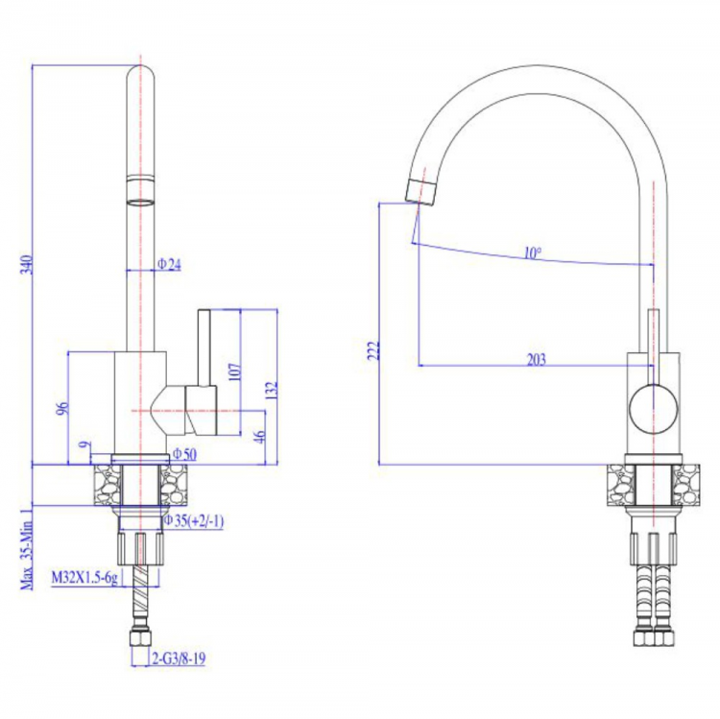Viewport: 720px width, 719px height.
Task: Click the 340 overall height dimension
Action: tap(28, 265)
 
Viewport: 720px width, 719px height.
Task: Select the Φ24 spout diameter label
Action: tap(169, 264)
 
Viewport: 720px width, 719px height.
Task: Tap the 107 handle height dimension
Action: tap(234, 371)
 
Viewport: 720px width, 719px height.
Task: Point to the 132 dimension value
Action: tap(272, 390)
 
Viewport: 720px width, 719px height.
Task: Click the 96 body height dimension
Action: tap(62, 408)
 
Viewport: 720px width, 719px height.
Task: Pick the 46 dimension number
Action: tap(259, 436)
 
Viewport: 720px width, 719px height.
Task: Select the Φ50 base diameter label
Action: tap(184, 454)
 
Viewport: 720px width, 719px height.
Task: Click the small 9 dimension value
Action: tap(84, 444)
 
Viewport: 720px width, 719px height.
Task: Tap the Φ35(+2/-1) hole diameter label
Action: tap(194, 520)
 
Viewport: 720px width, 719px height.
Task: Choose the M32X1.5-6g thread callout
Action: tap(84, 577)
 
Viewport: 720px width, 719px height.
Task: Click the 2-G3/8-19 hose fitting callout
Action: tap(179, 659)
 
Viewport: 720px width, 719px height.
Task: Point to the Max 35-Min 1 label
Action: tap(27, 549)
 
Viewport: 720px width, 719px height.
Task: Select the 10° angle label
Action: tap(533, 252)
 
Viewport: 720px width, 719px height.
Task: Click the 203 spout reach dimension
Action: tap(537, 359)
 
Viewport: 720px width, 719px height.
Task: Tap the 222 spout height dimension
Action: tap(374, 350)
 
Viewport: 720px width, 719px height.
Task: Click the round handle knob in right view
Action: tap(654, 409)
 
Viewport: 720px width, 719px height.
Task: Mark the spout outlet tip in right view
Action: tap(420, 193)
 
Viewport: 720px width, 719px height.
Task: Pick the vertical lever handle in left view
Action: tap(204, 348)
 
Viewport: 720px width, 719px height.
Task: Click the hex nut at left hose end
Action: tap(140, 639)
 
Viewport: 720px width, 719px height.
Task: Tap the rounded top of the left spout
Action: tap(140, 73)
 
